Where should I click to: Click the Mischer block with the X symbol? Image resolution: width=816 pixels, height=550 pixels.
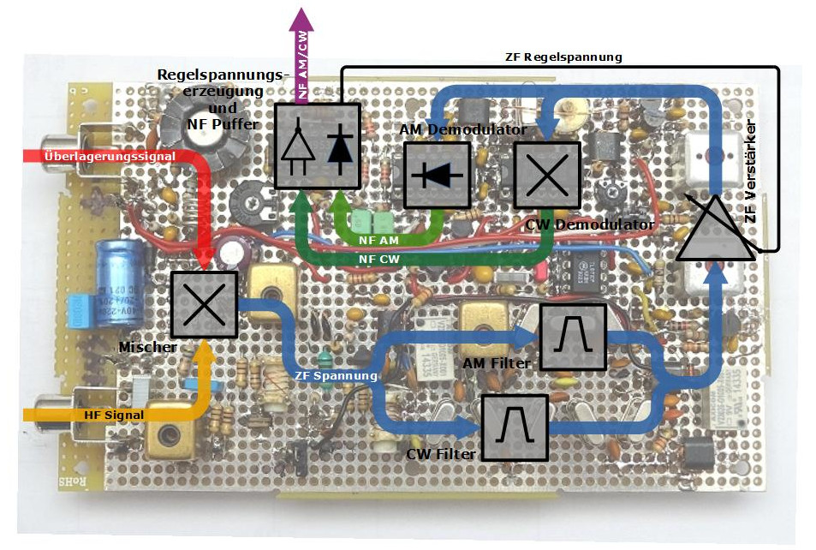coord(204,304)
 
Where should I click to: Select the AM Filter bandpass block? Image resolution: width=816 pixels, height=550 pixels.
coord(573,337)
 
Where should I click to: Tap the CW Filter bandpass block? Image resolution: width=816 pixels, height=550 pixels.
coord(514,426)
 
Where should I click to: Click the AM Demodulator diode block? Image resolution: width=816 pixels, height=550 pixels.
coord(437,175)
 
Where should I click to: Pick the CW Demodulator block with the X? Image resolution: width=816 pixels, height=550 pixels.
coord(546,175)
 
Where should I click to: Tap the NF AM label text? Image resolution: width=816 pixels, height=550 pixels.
coord(378,240)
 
